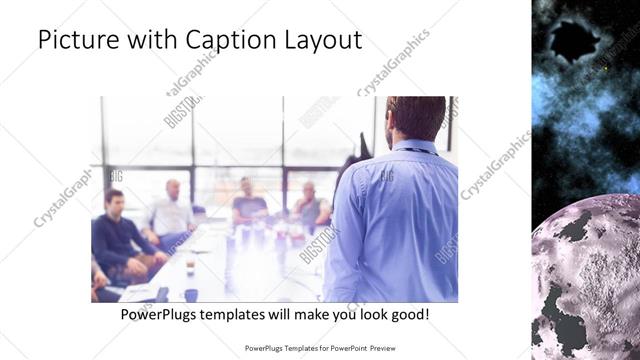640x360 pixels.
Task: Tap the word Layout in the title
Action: [x=318, y=40]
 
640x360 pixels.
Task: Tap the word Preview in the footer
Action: [x=391, y=349]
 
